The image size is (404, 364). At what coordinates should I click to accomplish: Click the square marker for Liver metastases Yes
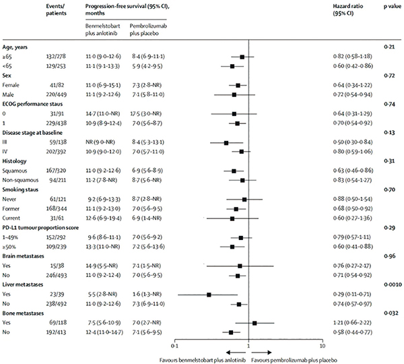click(x=209, y=295)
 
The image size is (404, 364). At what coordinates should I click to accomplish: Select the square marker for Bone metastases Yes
click(x=255, y=323)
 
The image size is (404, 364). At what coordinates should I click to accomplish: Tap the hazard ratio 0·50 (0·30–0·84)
click(x=353, y=142)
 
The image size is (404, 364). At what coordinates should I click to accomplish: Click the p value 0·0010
click(x=393, y=284)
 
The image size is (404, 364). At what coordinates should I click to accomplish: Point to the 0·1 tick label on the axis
click(x=174, y=346)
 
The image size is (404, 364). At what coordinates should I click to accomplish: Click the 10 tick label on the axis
click(x=323, y=346)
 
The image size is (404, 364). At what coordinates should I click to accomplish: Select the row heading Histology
click(x=14, y=161)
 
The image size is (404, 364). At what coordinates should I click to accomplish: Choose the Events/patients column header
click(x=56, y=10)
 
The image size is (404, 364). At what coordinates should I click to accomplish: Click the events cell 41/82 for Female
click(x=57, y=85)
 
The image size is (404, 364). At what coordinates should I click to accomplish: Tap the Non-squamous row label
click(x=20, y=180)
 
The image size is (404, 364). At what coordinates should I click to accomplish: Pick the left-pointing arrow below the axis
click(x=236, y=353)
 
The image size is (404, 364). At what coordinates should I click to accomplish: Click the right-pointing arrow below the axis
click(x=261, y=353)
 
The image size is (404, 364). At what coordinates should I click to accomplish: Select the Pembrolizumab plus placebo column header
click(x=148, y=30)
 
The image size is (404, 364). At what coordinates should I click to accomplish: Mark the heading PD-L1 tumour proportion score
click(x=40, y=228)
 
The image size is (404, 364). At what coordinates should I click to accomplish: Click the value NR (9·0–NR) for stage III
click(x=100, y=142)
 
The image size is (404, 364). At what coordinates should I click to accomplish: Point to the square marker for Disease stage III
click(x=226, y=143)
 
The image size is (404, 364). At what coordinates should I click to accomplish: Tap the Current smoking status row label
click(x=11, y=218)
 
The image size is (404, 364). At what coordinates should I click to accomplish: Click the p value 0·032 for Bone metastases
click(x=391, y=313)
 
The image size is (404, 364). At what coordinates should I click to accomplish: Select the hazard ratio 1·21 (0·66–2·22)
click(x=353, y=323)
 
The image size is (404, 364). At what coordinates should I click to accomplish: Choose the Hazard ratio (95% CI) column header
click(x=348, y=10)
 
